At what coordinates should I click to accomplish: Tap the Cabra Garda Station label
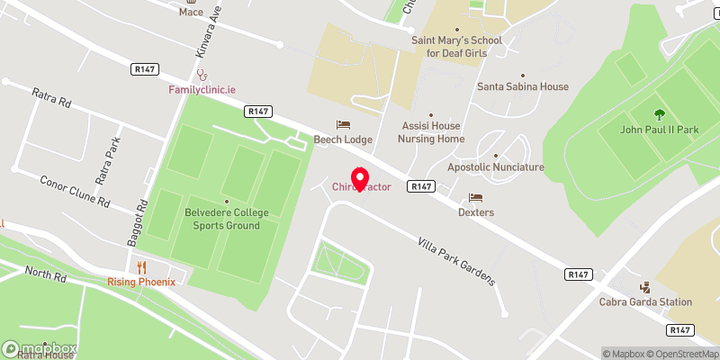click(646, 302)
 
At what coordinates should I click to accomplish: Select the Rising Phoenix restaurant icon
click(141, 267)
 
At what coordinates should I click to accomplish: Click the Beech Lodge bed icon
click(343, 125)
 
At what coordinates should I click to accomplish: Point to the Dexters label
click(476, 212)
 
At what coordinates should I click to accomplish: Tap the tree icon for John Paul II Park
click(660, 114)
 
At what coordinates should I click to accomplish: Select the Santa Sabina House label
click(523, 87)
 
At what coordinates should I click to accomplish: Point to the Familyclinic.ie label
click(202, 90)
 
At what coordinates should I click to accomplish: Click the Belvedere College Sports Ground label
click(227, 220)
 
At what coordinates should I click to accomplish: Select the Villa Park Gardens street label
click(456, 261)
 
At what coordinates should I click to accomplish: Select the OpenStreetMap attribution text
click(684, 353)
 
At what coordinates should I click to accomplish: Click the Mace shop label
click(191, 12)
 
